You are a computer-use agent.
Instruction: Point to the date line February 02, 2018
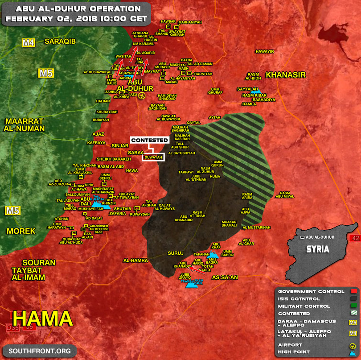pos(77,20)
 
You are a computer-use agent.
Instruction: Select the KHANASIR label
pos(286,75)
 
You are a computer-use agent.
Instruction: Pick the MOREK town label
pos(21,231)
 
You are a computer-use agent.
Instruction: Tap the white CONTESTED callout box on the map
pos(150,140)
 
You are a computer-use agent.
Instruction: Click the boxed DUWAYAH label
pos(153,157)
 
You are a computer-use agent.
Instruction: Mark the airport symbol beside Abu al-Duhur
pos(142,96)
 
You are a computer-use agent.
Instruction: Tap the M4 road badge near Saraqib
pos(29,43)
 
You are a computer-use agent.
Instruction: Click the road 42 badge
pos(355,238)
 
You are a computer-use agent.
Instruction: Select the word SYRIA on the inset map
pos(318,249)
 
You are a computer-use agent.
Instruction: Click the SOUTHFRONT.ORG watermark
pos(39,352)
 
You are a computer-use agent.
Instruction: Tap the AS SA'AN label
pos(224,277)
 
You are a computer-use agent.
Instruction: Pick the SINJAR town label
pos(119,145)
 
